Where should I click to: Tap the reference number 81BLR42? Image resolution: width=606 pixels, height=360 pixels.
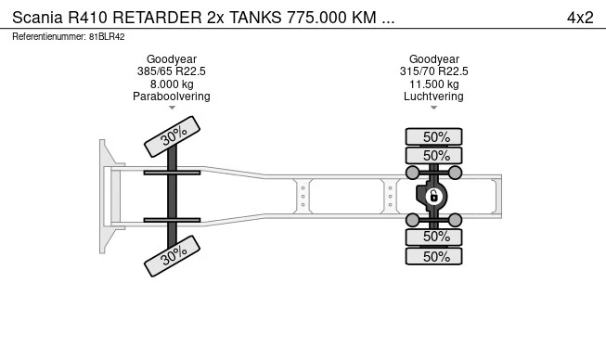[x=107, y=37]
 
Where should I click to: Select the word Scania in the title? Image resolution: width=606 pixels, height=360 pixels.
[x=38, y=18]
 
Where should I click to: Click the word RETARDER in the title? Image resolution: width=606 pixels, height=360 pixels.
[x=156, y=18]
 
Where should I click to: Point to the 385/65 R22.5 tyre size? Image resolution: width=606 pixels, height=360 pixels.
[x=172, y=71]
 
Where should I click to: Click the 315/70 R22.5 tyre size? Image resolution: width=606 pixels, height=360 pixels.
[x=434, y=71]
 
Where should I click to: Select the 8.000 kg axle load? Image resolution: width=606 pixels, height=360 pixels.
[x=172, y=84]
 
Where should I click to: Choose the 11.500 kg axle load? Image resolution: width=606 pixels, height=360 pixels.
[x=434, y=84]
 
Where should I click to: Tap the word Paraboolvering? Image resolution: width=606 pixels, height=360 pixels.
[x=172, y=96]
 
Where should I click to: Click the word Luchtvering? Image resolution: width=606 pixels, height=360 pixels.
[x=434, y=96]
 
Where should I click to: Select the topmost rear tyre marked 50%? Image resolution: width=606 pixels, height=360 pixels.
[x=434, y=136]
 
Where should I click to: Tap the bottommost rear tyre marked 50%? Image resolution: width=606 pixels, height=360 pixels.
[x=434, y=256]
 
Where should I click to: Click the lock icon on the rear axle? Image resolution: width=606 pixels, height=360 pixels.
[x=432, y=196]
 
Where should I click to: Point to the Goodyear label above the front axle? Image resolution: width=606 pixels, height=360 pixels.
[x=172, y=58]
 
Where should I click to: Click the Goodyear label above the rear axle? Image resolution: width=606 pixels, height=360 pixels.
[x=434, y=58]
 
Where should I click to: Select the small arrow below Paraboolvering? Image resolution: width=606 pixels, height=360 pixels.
[x=172, y=109]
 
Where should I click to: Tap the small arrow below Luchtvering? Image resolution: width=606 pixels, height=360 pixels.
[x=434, y=109]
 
